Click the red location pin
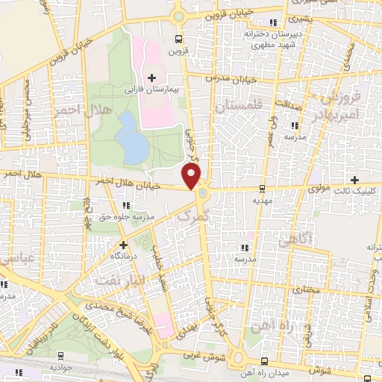[x=192, y=175]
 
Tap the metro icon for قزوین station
[x=178, y=40]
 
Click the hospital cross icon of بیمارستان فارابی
[x=151, y=78]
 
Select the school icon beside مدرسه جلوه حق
[x=125, y=204]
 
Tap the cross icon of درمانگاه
[x=124, y=244]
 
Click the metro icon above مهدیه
[x=261, y=189]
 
